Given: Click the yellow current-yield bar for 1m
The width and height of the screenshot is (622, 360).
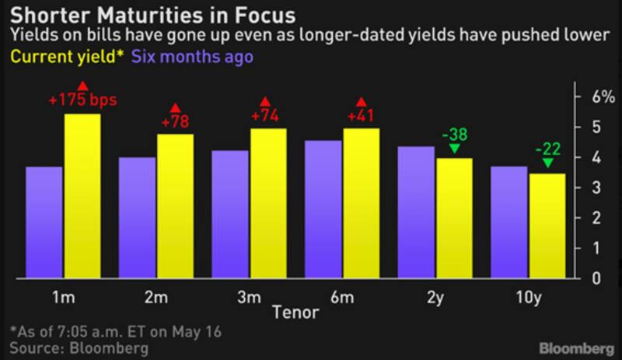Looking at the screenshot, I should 82,196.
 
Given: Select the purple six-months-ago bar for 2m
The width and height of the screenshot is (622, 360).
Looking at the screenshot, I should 137,218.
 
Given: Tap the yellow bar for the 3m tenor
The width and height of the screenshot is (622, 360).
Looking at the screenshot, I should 268,203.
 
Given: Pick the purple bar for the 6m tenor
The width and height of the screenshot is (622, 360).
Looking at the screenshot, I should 323,209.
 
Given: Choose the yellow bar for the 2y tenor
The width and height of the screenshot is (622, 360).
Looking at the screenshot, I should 454,218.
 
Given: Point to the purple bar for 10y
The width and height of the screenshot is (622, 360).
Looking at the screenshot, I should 508,222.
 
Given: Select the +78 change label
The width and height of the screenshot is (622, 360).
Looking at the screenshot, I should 175,122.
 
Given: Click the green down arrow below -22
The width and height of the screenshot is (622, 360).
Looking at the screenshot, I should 547,163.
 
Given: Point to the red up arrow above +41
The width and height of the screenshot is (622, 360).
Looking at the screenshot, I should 361,102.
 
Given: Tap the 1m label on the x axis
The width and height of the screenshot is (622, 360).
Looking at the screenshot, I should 64,296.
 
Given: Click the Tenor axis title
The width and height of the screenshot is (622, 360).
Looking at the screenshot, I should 295,312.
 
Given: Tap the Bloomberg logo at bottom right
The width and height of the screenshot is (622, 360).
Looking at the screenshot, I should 577,344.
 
